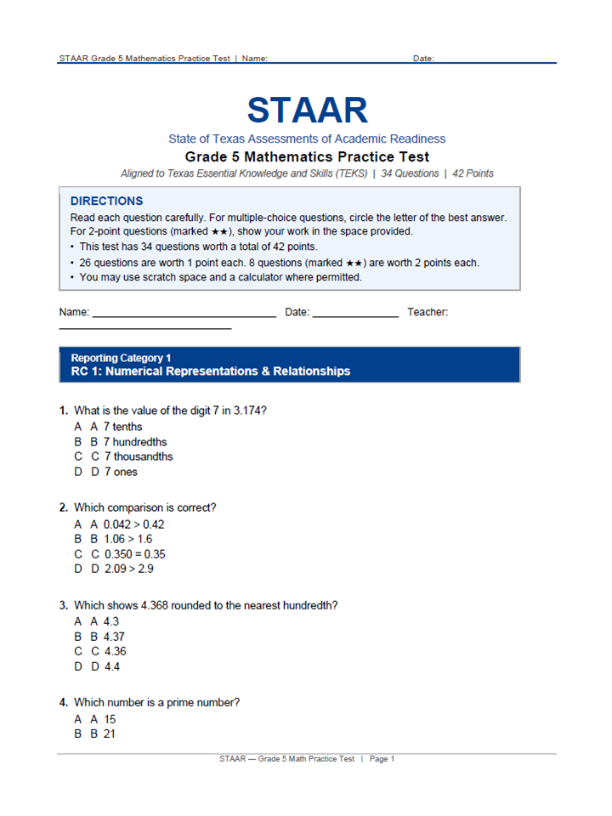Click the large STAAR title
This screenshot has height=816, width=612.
[307, 110]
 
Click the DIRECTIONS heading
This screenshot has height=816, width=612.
[106, 201]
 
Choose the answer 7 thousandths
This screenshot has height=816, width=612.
[138, 456]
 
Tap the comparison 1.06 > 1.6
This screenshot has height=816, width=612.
[127, 539]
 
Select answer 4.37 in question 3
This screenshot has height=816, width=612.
[115, 637]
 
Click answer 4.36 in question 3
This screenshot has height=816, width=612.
[115, 652]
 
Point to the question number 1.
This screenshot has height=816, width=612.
[64, 411]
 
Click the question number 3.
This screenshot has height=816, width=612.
[64, 606]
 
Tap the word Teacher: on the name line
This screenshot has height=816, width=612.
[428, 312]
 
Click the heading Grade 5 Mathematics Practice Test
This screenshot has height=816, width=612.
[307, 157]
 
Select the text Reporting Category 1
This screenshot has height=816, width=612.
[121, 358]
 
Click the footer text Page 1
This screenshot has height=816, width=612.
[382, 759]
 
